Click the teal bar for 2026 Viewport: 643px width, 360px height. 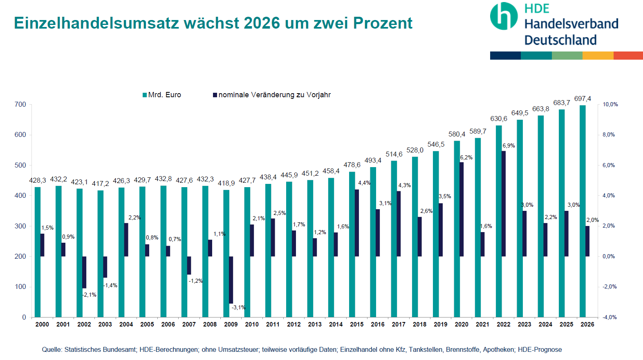pyautogui.click(x=583, y=211)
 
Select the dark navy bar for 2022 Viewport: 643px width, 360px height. pyautogui.click(x=504, y=203)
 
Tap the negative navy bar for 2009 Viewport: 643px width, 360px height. pyautogui.click(x=231, y=280)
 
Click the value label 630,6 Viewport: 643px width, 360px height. pyautogui.click(x=499, y=119)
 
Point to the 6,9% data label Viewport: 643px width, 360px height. pyautogui.click(x=509, y=145)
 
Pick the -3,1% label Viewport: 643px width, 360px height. pyautogui.click(x=239, y=307)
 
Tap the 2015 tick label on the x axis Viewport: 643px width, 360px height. pyautogui.click(x=356, y=324)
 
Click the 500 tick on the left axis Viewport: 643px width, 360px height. pyautogui.click(x=20, y=165)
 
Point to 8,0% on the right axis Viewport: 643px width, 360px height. pyautogui.click(x=609, y=134)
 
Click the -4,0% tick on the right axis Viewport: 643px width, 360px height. pyautogui.click(x=609, y=317)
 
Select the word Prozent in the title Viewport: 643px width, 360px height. pyautogui.click(x=383, y=23)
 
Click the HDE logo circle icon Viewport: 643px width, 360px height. pyautogui.click(x=504, y=16)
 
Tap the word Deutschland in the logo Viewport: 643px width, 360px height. pyautogui.click(x=560, y=40)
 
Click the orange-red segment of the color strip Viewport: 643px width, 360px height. pyautogui.click(x=628, y=56)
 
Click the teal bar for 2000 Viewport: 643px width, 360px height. pyautogui.click(x=38, y=252)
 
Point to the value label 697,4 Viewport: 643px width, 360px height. pyautogui.click(x=583, y=98)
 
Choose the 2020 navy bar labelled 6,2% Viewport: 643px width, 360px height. pyautogui.click(x=462, y=209)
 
